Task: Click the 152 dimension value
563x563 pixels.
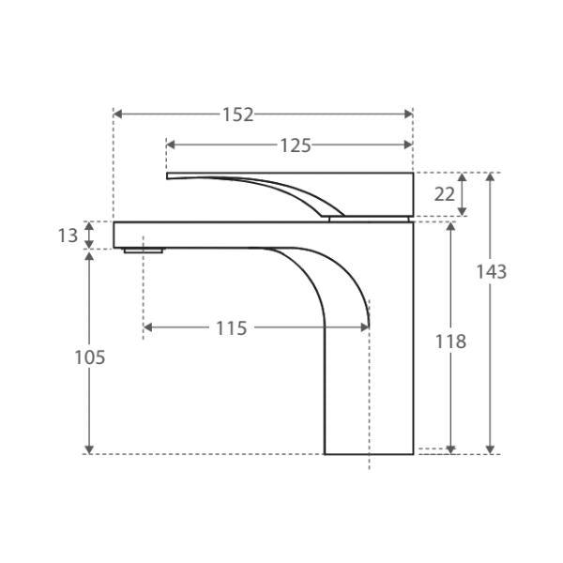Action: [x=238, y=114]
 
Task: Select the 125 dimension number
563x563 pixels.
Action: [x=295, y=145]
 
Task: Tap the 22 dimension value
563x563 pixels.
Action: [x=446, y=194]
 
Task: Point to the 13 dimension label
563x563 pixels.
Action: [x=68, y=236]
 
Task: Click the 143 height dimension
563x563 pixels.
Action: [x=491, y=272]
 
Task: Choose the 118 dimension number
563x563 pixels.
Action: [x=451, y=342]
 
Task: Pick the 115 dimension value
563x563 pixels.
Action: [x=231, y=328]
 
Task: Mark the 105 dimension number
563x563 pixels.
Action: [x=89, y=358]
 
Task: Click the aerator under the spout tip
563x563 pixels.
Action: [x=144, y=251]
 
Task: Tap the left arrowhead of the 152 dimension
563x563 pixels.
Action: [x=117, y=114]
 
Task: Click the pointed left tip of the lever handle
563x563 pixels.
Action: [x=169, y=175]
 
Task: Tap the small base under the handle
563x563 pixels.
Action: [x=371, y=219]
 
